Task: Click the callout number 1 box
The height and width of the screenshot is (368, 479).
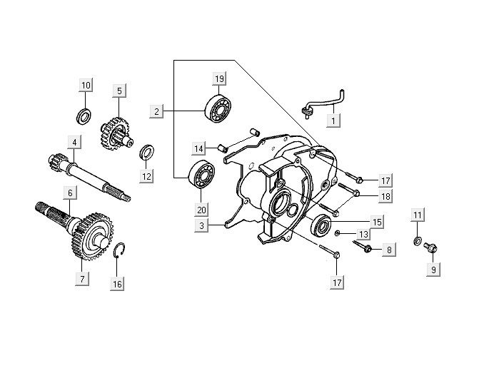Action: (x=333, y=121)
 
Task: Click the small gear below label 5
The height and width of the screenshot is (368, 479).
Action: (x=114, y=131)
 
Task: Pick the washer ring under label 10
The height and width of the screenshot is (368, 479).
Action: (x=84, y=114)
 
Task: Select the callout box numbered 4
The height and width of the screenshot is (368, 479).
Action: (x=74, y=142)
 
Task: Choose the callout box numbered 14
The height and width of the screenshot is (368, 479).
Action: (x=201, y=148)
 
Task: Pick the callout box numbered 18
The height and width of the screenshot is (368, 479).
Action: (x=384, y=196)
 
